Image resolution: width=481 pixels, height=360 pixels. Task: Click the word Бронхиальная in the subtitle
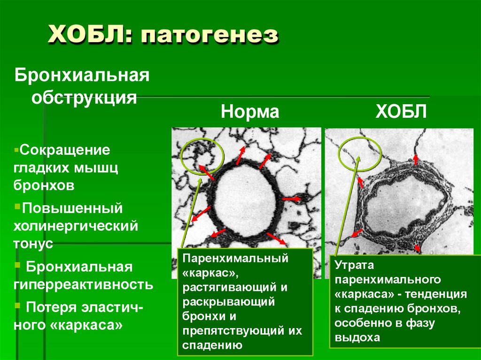point(82,75)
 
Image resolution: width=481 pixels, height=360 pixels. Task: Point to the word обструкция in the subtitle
point(85,98)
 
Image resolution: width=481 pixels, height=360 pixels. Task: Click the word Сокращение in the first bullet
point(65,151)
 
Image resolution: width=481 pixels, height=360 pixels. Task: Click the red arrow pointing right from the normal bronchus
point(292,199)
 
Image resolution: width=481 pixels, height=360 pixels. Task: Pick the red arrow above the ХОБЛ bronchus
point(416,159)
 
